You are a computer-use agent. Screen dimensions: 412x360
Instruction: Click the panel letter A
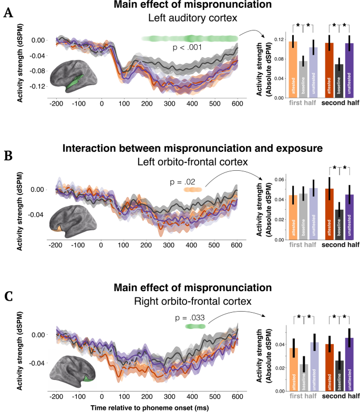pos(8,14)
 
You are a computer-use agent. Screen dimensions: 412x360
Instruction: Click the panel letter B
pos(8,156)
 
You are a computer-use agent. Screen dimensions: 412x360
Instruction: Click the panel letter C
pos(8,297)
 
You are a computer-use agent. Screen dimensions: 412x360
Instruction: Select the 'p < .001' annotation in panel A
pos(189,48)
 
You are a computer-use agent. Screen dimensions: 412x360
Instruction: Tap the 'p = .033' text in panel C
pos(192,317)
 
